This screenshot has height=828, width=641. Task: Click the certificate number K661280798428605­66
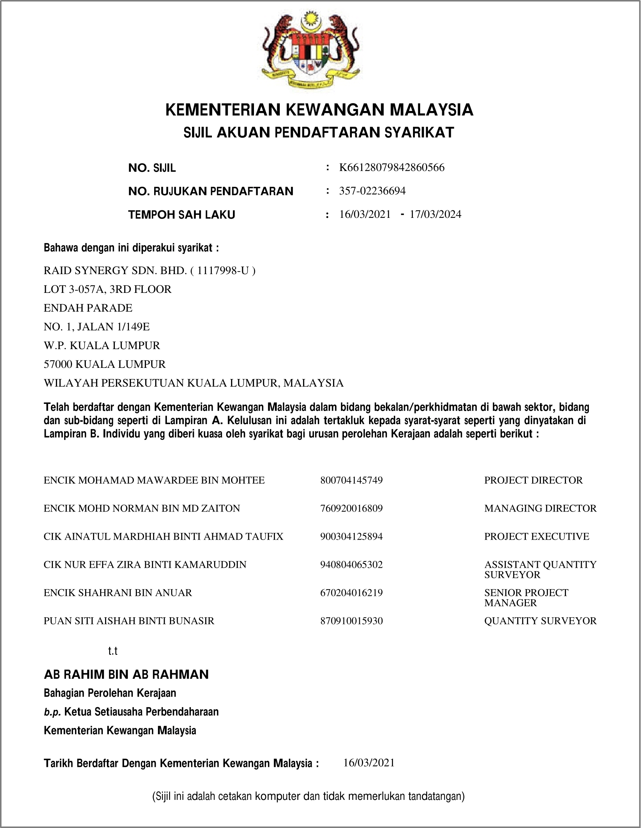point(392,167)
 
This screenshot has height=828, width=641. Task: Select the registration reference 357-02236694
point(372,191)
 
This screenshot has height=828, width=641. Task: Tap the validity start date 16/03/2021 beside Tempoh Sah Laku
point(365,214)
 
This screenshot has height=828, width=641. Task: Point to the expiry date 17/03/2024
point(435,214)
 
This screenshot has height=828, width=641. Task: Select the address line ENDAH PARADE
point(88,308)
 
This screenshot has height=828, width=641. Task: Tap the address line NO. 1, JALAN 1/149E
point(97,326)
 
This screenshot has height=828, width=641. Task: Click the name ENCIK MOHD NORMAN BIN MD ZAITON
point(142,508)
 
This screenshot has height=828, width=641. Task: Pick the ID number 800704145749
point(351,480)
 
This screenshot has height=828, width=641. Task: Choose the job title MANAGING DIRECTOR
point(540,508)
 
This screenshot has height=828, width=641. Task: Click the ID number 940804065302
point(351,564)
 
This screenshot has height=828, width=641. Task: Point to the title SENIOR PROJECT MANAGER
point(526,597)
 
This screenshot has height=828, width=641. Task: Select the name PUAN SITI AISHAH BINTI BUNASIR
point(129,621)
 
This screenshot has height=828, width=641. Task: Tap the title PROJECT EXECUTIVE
point(536,537)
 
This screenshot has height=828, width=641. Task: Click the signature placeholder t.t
point(113,651)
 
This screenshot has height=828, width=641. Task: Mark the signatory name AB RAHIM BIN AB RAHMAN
point(126,675)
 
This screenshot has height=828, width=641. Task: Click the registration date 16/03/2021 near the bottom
point(369,763)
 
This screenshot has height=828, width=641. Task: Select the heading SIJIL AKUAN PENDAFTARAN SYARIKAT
point(318,132)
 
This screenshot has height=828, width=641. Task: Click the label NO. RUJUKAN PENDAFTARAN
point(210,191)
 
